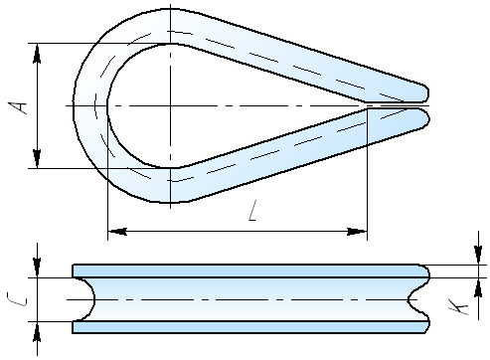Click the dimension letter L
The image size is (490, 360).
tap(253, 211)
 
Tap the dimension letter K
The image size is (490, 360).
tap(458, 307)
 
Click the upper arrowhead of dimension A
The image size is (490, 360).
tap(37, 53)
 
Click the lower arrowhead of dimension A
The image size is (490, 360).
tap(37, 159)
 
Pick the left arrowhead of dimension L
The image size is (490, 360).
tap(117, 232)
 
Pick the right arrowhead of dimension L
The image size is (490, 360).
tap(357, 232)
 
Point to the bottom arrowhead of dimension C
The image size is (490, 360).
tap(37, 331)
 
